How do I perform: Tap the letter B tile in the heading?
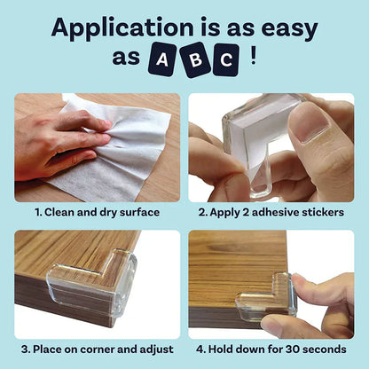194,60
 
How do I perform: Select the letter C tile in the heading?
226,60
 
